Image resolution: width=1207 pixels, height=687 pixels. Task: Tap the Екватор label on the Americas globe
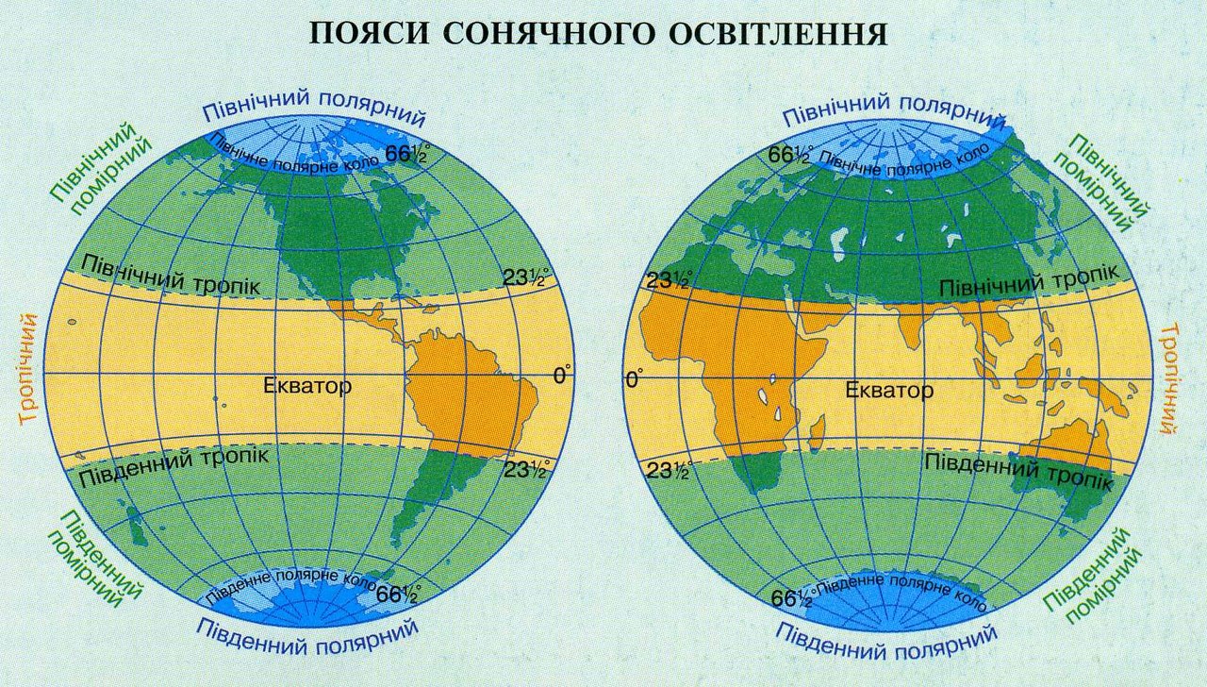(307, 386)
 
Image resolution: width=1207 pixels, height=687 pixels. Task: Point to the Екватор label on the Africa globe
(889, 390)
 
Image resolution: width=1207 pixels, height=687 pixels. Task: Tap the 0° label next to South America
(562, 377)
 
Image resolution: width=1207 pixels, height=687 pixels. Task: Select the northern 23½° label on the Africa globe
(667, 280)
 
